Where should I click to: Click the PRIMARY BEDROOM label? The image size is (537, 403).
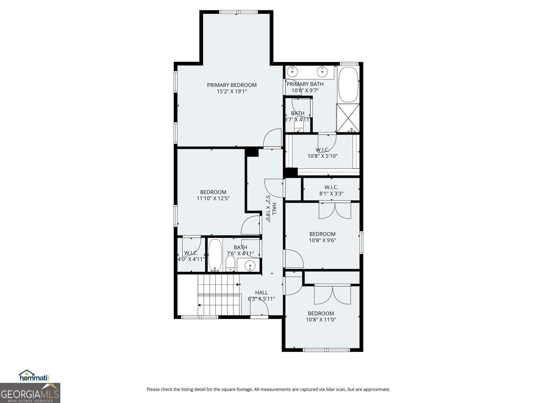[232, 85]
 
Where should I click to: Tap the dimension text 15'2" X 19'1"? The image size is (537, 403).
[232, 91]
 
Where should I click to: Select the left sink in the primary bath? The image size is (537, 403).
[293, 71]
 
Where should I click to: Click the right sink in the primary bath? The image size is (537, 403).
[323, 71]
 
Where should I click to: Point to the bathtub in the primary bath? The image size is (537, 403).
[348, 85]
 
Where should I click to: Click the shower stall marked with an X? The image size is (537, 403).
[348, 118]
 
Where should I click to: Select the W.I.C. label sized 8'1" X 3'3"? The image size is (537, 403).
[331, 187]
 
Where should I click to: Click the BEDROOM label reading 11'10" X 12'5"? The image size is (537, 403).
[213, 192]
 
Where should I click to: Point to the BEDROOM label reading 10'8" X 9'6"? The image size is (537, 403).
[322, 234]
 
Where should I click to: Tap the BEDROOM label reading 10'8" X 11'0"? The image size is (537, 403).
[321, 314]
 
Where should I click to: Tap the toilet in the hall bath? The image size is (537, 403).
[230, 264]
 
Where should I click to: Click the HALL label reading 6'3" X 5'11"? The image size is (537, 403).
[261, 293]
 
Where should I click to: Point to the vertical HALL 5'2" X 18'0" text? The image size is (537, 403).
[271, 209]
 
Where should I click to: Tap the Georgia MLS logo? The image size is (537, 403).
[30, 393]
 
